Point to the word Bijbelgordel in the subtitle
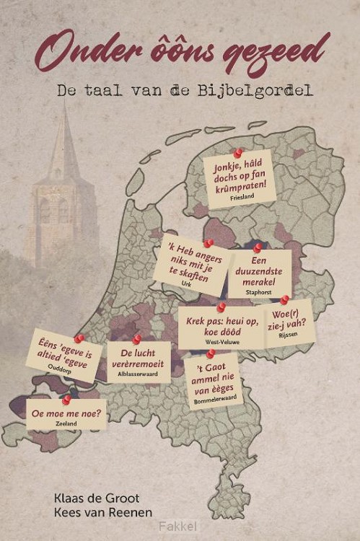point(245,92)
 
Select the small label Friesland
point(242,196)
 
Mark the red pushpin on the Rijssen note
point(284,299)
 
